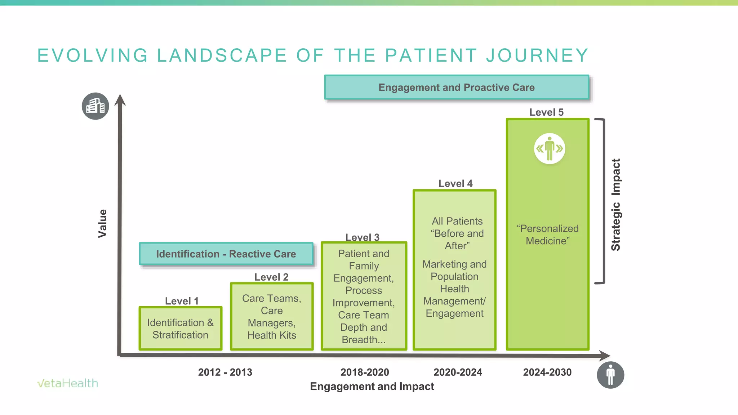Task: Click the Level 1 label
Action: point(182,301)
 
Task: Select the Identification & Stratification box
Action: point(180,329)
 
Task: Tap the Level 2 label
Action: point(271,277)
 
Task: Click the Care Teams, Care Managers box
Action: point(272,316)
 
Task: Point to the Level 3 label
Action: point(362,237)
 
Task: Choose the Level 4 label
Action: point(455,183)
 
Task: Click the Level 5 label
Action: point(546,112)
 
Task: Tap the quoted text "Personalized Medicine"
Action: point(547,235)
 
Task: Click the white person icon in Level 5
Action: point(549,148)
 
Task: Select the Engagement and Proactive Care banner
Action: point(457,88)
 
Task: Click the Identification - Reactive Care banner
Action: point(226,254)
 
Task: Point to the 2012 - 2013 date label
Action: point(225,372)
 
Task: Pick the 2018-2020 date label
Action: point(365,372)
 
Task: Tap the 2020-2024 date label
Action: point(458,372)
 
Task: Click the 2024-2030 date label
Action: point(547,372)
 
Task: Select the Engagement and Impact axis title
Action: point(372,387)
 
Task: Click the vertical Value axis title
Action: point(103,223)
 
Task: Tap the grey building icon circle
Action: point(95,106)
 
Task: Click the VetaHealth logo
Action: point(67,383)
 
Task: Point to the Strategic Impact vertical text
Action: point(615,205)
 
